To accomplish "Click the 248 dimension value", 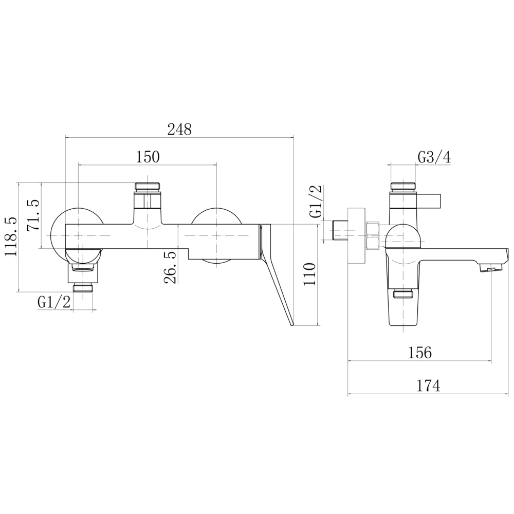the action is click(179, 130).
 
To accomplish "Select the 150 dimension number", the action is click(148, 157).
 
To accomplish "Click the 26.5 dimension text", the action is click(171, 267).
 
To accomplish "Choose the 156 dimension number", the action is click(420, 353).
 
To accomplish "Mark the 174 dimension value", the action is click(428, 385).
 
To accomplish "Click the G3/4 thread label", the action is click(434, 158).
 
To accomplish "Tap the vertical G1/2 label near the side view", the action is click(316, 201).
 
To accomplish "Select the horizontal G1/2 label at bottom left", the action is click(54, 302).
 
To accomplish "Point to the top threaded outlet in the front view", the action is click(148, 187).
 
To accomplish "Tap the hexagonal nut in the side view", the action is click(373, 235).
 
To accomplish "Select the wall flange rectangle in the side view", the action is click(357, 235).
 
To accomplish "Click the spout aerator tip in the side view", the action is click(491, 269).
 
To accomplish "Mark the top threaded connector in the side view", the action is click(402, 186).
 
